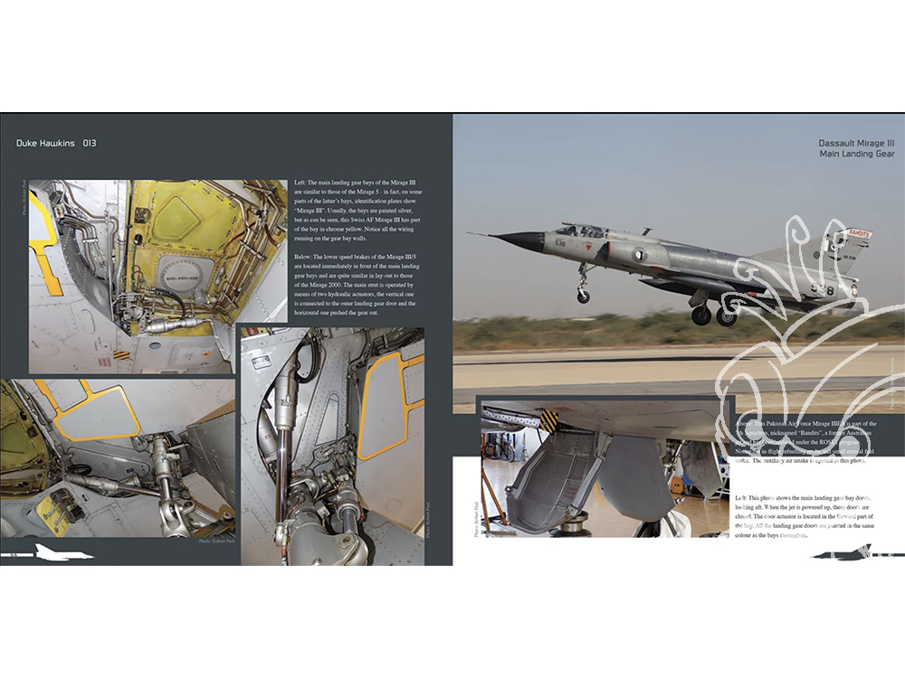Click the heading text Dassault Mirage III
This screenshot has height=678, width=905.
pyautogui.click(x=856, y=143)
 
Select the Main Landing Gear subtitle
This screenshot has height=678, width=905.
pyautogui.click(x=856, y=155)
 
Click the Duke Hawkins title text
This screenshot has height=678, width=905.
pyautogui.click(x=45, y=143)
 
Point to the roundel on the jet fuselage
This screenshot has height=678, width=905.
pyautogui.click(x=639, y=254)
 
